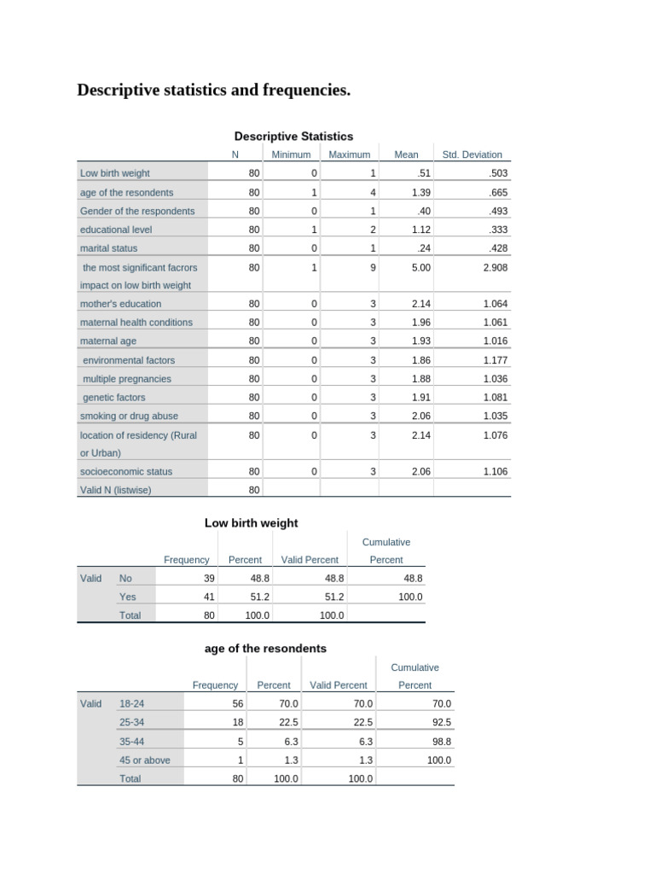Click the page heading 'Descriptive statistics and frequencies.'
[214, 90]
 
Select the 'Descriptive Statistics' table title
[293, 136]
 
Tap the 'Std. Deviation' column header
[472, 154]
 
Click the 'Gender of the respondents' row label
[137, 211]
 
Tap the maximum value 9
[373, 267]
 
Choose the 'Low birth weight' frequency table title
[252, 522]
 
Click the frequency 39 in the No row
[209, 578]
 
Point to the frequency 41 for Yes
[209, 597]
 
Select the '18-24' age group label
[132, 703]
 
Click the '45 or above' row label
[145, 760]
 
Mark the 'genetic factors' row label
[114, 397]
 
